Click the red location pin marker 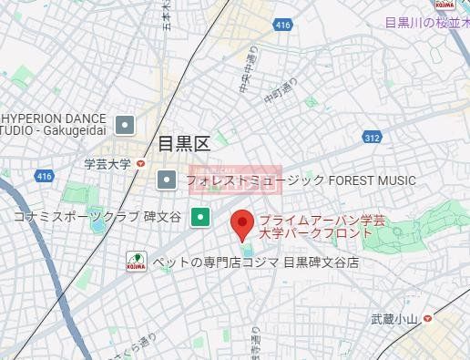coord(241,223)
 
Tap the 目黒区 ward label coord(184,144)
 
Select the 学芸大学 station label coord(107,164)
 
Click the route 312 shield coord(372,137)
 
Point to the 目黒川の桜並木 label coord(425,23)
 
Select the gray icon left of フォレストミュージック coord(166,180)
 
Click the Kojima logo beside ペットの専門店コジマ coord(136,262)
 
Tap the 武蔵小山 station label coord(393,319)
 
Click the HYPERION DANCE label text coord(55,118)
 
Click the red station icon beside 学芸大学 coord(140,164)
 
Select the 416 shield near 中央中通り coord(282,25)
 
